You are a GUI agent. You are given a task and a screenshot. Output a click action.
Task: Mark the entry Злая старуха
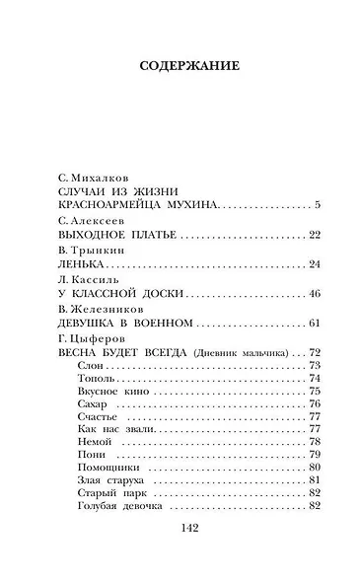[x=103, y=480]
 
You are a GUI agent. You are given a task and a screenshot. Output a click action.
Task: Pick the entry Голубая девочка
[x=111, y=506]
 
